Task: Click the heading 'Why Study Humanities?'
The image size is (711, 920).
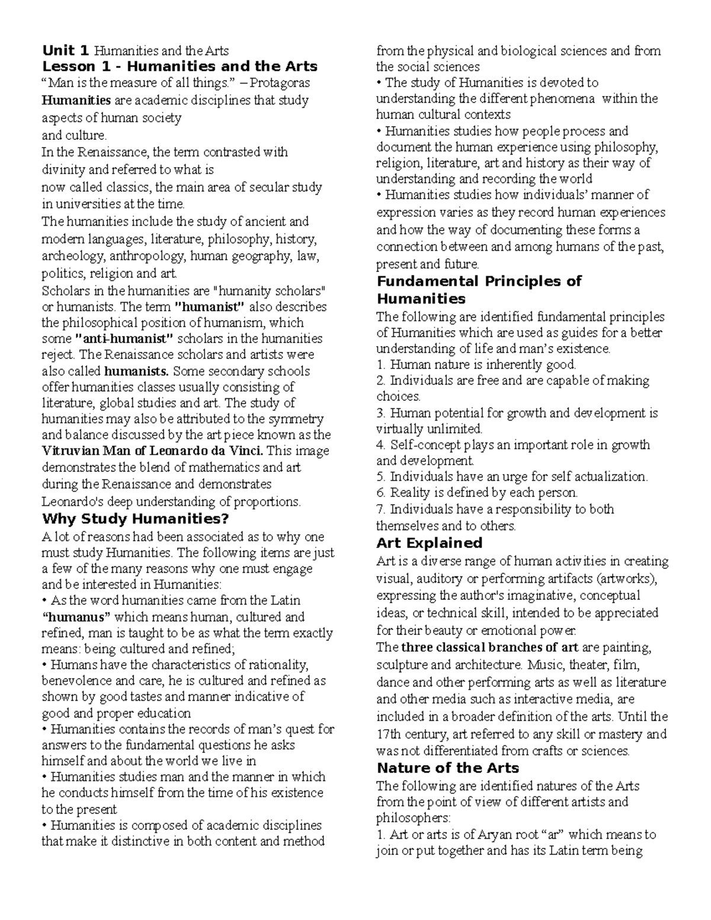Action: point(134,519)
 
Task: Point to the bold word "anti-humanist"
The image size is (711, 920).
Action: point(125,339)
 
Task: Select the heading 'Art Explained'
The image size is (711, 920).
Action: point(430,543)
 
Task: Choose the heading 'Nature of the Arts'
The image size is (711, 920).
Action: point(447,768)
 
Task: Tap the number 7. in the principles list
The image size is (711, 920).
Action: point(381,509)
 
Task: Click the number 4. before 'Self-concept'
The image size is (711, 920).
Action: point(382,445)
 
